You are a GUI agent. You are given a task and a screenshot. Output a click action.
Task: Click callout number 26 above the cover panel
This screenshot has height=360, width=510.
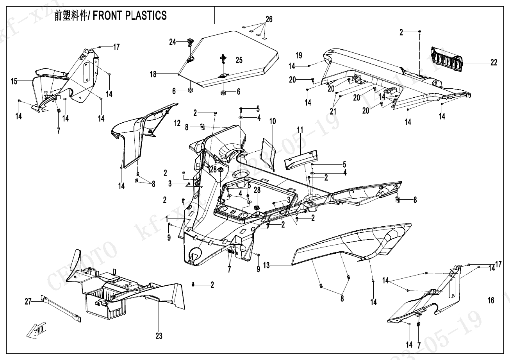(x=269, y=19)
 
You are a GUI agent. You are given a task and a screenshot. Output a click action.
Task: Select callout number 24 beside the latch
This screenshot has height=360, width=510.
(x=173, y=42)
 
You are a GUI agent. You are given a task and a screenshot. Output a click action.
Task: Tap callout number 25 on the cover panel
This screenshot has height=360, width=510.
(x=239, y=60)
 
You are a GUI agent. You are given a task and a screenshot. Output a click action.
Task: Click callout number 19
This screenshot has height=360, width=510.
(x=299, y=55)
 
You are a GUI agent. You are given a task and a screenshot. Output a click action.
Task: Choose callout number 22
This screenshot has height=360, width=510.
(x=494, y=63)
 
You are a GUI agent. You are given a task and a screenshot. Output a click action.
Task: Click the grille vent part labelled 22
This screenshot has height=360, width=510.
(x=447, y=59)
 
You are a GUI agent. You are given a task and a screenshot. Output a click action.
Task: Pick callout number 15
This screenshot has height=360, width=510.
(x=14, y=82)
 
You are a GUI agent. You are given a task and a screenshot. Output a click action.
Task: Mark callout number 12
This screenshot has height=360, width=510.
(x=177, y=124)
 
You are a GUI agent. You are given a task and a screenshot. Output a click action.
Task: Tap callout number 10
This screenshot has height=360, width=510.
(x=272, y=122)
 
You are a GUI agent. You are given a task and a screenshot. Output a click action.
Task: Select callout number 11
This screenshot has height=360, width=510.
(x=300, y=130)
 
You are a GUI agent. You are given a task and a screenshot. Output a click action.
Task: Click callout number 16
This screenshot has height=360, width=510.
(x=491, y=300)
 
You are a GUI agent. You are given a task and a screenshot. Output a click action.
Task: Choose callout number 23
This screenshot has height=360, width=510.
(x=159, y=336)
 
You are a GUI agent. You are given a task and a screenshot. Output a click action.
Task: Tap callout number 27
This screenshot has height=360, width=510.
(x=28, y=301)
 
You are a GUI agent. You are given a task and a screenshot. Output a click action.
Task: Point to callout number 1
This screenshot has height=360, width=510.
(x=167, y=217)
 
